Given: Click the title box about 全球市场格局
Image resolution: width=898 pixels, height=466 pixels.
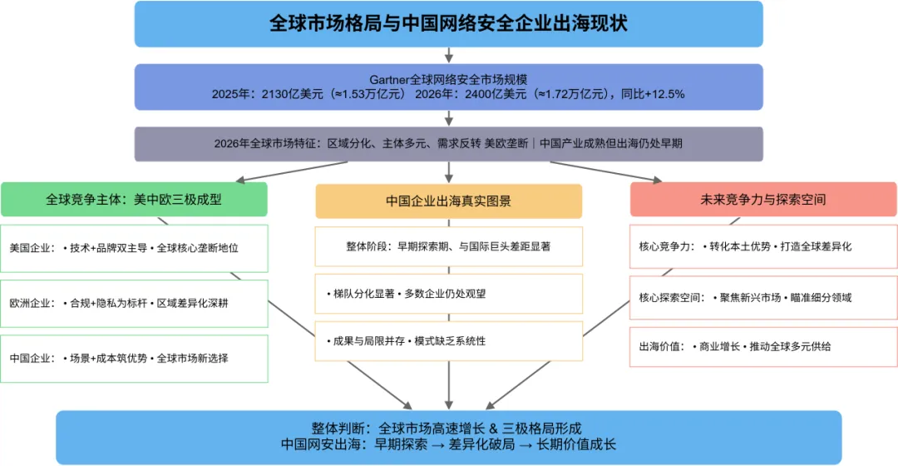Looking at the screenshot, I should (x=448, y=23).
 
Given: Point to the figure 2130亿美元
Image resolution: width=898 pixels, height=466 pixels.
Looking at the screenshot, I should (x=284, y=94).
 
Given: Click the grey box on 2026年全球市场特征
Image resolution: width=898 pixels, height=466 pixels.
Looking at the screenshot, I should (x=448, y=143).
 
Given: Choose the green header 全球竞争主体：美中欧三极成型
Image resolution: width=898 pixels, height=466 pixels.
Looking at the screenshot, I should (x=134, y=200).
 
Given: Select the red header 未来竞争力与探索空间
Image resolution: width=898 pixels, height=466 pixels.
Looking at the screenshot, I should (x=763, y=200).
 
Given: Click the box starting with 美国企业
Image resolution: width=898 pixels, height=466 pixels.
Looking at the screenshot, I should (x=134, y=248).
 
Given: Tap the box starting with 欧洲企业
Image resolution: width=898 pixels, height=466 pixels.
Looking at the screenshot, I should (x=134, y=303).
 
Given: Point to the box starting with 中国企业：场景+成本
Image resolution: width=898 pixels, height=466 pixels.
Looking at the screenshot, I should (x=134, y=359).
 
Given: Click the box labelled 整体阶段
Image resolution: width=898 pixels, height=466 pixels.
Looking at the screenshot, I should (x=448, y=246).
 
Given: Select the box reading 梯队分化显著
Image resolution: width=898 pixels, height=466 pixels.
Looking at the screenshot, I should (x=448, y=294).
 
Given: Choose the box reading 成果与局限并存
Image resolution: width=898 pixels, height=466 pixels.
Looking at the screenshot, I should (x=448, y=341).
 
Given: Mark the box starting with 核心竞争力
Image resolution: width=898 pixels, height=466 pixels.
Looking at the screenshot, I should (x=763, y=247).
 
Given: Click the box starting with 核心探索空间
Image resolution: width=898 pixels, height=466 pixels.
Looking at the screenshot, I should (x=763, y=297).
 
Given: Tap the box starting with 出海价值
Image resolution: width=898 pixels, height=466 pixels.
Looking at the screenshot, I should (x=763, y=345).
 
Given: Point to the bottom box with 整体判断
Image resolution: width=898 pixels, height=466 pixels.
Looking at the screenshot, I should (x=448, y=437).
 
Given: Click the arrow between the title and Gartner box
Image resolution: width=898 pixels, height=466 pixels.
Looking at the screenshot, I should (x=449, y=55).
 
